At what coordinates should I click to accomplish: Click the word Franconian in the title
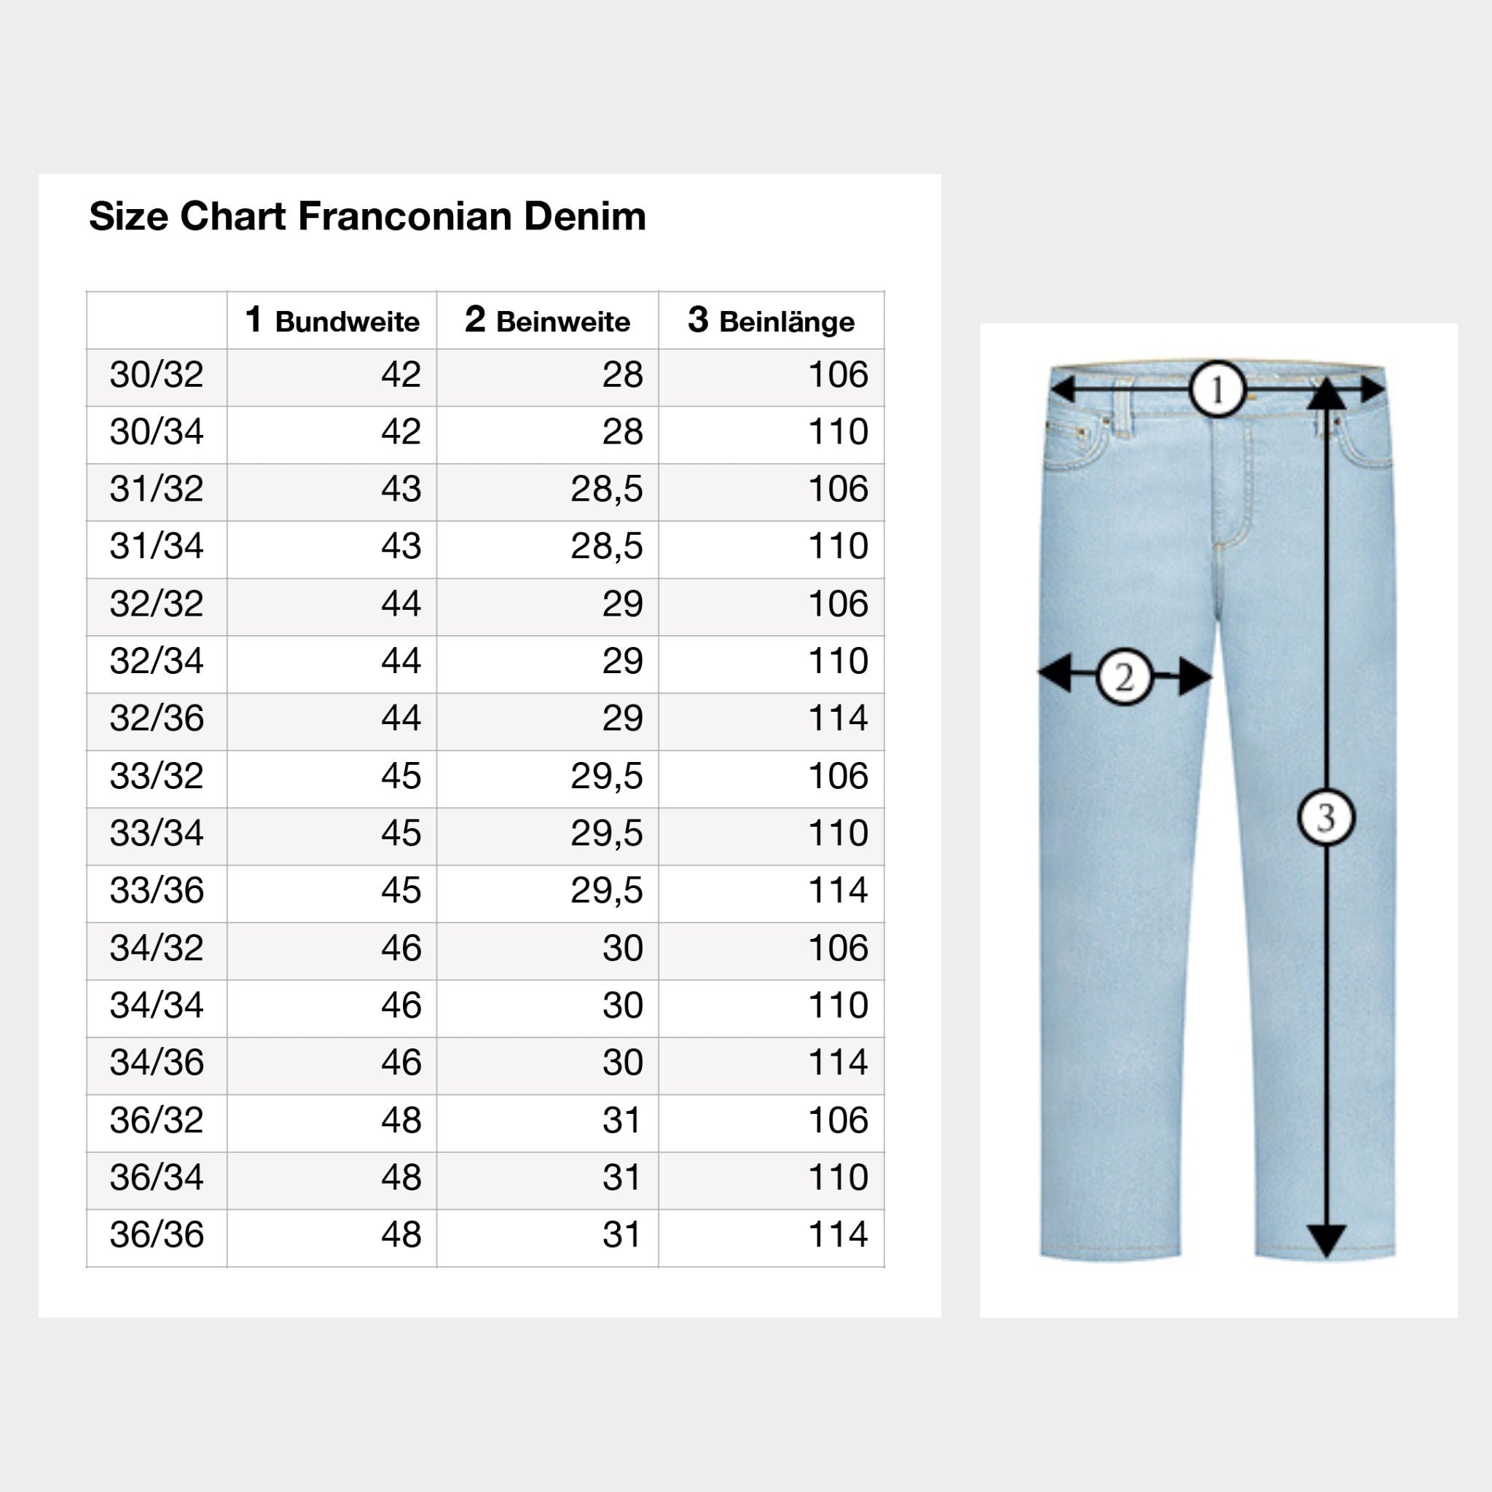(404, 216)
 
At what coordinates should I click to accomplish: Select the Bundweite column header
(332, 321)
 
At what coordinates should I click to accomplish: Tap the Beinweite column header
(548, 321)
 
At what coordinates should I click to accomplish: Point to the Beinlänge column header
(771, 321)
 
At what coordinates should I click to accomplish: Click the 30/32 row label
(157, 374)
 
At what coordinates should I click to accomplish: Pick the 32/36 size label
(157, 718)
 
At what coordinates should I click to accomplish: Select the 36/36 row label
(157, 1234)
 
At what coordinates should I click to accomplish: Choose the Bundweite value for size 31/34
(401, 546)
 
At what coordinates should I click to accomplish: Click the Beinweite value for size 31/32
(606, 489)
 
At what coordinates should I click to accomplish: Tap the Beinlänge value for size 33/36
(838, 890)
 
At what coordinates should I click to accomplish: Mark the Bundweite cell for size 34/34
(401, 1005)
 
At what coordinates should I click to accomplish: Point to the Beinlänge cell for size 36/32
(838, 1120)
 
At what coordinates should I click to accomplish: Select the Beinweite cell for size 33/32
(606, 775)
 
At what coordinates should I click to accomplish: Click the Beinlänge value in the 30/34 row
(838, 432)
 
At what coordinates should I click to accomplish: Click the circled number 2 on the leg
(1124, 677)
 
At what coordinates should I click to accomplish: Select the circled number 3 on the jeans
(1326, 817)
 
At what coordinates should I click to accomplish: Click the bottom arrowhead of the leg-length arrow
(1326, 1240)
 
